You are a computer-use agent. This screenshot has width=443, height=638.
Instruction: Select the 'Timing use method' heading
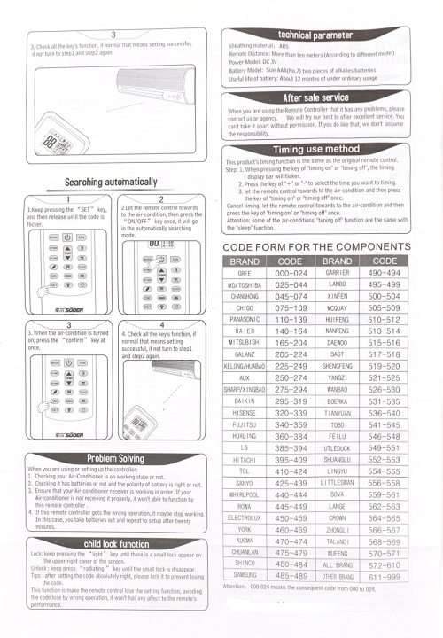[315, 150]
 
